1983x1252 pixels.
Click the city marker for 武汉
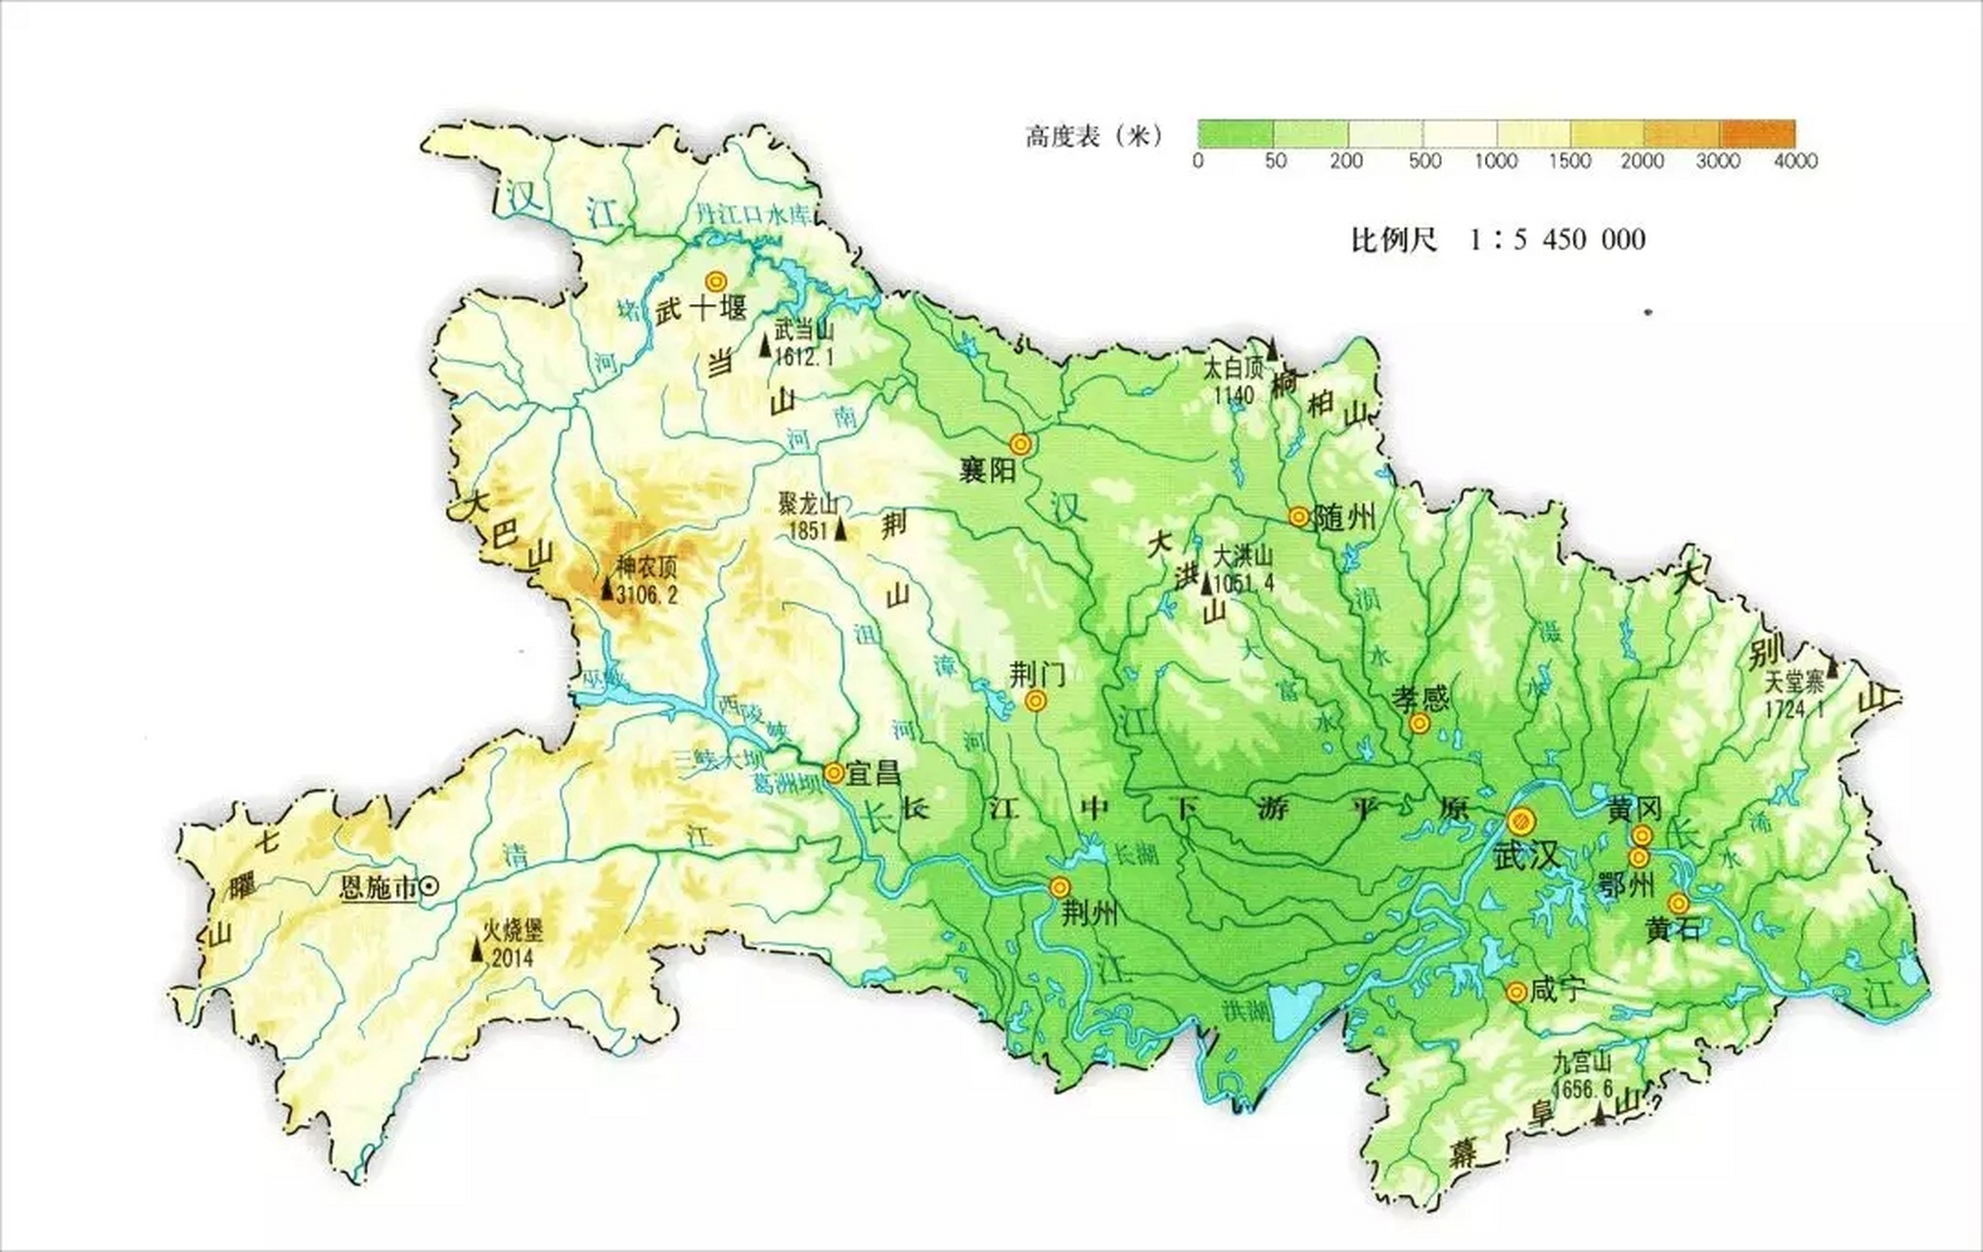click(x=1521, y=821)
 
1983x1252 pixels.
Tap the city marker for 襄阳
click(x=1021, y=445)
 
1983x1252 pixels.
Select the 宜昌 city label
click(x=874, y=774)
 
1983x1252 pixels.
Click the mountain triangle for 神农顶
click(x=607, y=589)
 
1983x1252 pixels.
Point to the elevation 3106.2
click(x=647, y=595)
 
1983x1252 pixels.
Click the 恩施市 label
click(x=377, y=888)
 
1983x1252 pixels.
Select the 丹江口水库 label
click(x=752, y=214)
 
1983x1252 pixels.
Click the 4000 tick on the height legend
click(x=1798, y=161)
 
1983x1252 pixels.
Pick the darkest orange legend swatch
click(x=1758, y=133)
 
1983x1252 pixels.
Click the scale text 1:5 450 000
click(x=1556, y=240)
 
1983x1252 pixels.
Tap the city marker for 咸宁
click(x=1516, y=993)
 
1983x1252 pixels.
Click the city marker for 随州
click(x=1298, y=516)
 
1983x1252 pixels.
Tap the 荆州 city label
click(x=1089, y=914)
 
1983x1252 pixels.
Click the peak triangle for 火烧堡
click(x=477, y=949)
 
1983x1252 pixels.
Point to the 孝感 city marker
click(x=1420, y=724)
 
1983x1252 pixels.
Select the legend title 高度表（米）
click(x=1094, y=136)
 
